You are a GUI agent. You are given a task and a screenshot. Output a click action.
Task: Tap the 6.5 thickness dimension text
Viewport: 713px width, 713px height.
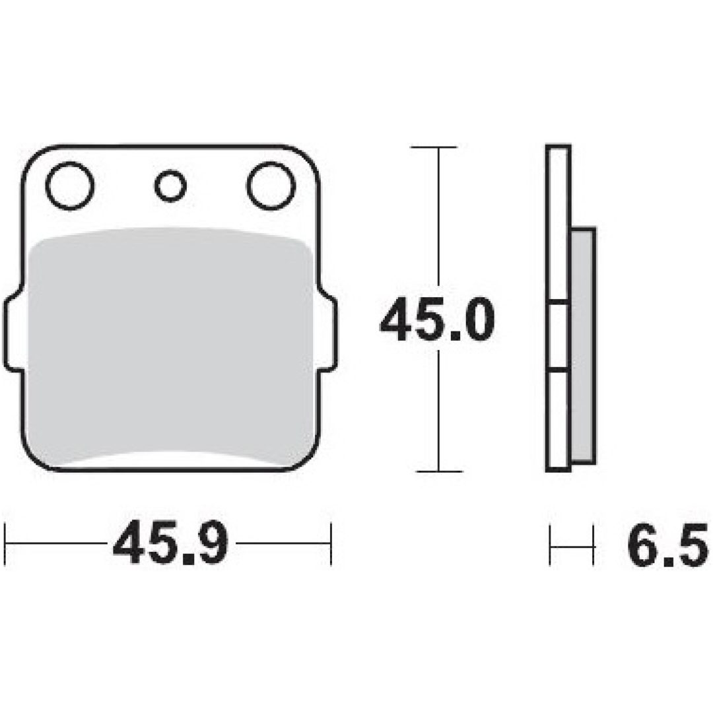pyautogui.click(x=667, y=544)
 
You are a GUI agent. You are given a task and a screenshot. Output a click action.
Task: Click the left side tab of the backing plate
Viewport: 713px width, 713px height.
pyautogui.click(x=13, y=332)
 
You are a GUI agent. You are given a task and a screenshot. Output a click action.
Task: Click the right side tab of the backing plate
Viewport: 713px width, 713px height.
pyautogui.click(x=329, y=332)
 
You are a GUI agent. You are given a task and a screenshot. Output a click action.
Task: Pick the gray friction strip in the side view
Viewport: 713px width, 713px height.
pyautogui.click(x=582, y=345)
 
